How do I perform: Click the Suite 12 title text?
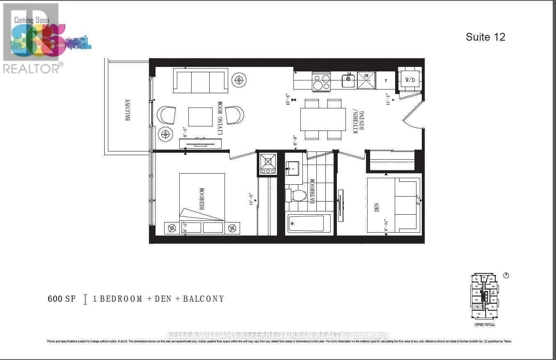tap(485, 37)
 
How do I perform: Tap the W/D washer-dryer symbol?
tap(410, 80)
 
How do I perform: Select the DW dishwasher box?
tap(366, 80)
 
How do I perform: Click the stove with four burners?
tap(321, 81)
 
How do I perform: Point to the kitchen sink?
tap(348, 80)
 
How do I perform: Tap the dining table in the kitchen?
tap(323, 119)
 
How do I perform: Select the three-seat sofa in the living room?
tap(201, 81)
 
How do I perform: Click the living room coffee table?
tap(200, 117)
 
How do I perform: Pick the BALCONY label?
tap(128, 110)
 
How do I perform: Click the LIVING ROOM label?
tap(220, 118)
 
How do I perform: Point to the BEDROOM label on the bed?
tap(202, 199)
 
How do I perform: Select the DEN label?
tap(377, 207)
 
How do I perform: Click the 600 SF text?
tap(62, 299)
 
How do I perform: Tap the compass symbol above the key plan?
tap(506, 275)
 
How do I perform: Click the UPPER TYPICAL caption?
tap(485, 325)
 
